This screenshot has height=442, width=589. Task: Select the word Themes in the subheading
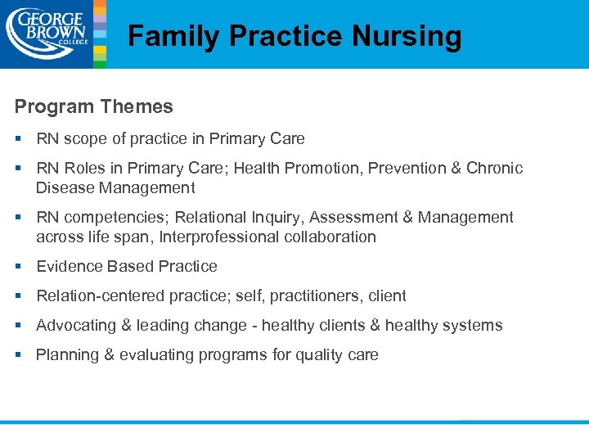point(137,106)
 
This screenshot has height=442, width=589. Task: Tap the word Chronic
point(494,169)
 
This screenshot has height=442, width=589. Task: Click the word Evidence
point(68,267)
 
